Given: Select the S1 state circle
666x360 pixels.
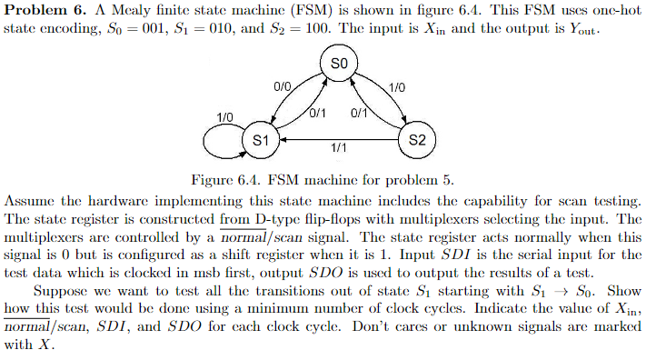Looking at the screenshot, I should [261, 140].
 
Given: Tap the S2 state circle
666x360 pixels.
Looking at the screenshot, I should [418, 140].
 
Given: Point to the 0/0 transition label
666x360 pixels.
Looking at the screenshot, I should [282, 86].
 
